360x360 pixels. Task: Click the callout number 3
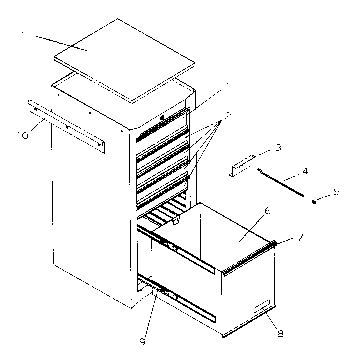[x=278, y=147]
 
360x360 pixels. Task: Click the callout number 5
[x=337, y=191]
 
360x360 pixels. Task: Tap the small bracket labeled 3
[x=246, y=163]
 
